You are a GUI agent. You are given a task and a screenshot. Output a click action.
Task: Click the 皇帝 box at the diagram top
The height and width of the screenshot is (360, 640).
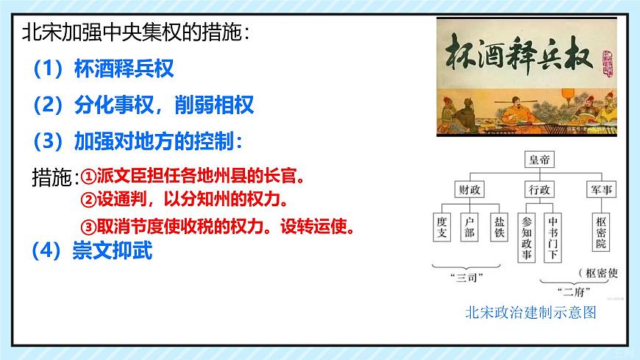point(538,158)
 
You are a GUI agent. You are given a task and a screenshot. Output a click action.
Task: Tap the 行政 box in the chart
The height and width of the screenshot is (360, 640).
point(538,189)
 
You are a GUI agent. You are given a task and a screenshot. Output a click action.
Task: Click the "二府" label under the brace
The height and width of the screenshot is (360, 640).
point(571,289)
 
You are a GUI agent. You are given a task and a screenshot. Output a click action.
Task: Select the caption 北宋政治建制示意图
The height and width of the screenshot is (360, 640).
point(530,311)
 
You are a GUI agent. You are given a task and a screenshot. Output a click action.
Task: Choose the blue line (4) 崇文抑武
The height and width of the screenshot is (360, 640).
point(92,252)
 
